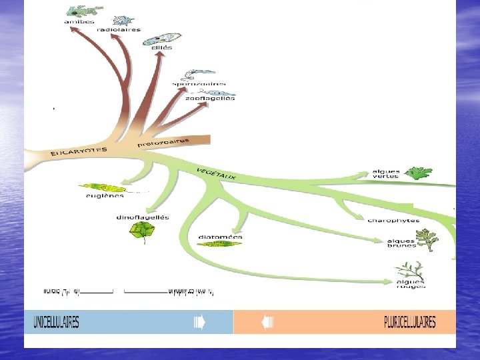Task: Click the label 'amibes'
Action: coord(79,21)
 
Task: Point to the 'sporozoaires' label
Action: coord(195,84)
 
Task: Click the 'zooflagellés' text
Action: coord(210,98)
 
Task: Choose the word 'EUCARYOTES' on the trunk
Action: coord(79,151)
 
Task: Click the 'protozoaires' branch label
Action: coord(163,143)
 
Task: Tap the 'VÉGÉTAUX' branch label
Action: coord(216,173)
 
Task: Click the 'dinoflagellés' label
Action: coord(143,217)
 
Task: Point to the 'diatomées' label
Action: coord(221,237)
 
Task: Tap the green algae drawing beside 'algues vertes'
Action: coord(419,173)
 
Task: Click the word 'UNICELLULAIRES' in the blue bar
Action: coord(57,323)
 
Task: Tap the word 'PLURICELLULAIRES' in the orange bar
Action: coord(410,323)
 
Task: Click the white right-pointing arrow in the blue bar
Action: coord(199,323)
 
